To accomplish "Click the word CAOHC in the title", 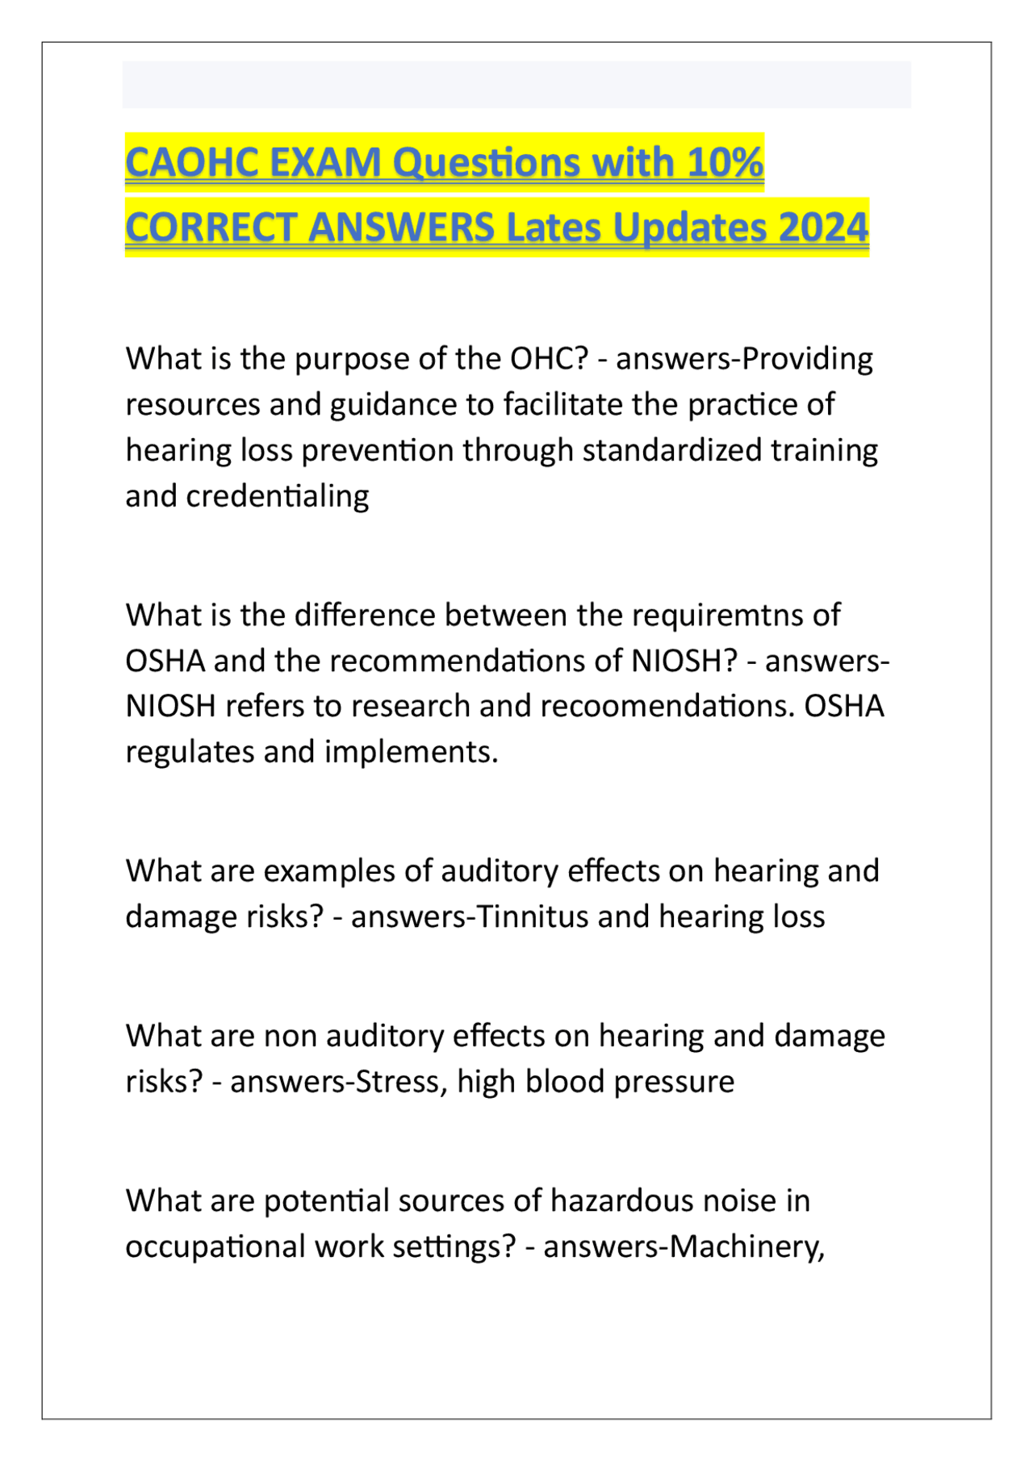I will pos(191,163).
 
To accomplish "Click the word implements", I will pos(411,752).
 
